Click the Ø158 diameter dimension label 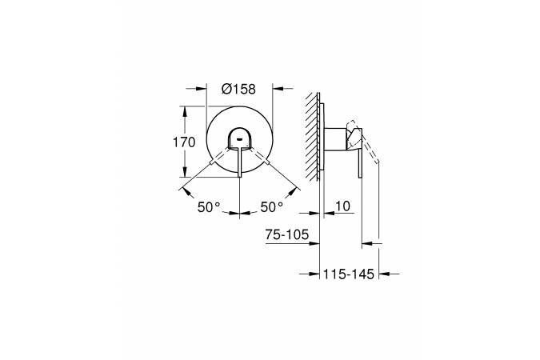point(238,90)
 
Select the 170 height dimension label point(184,142)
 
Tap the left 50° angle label point(209,207)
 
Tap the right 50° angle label point(272,207)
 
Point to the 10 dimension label point(342,206)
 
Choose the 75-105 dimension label point(287,234)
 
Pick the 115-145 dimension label point(349,274)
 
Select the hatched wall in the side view point(312,136)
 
